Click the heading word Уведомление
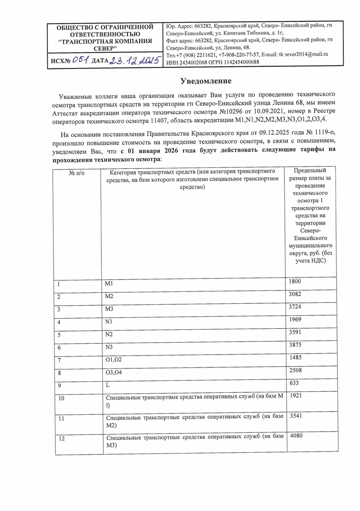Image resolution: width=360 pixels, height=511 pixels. [206, 80]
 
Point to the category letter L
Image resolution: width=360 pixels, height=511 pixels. [108, 384]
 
